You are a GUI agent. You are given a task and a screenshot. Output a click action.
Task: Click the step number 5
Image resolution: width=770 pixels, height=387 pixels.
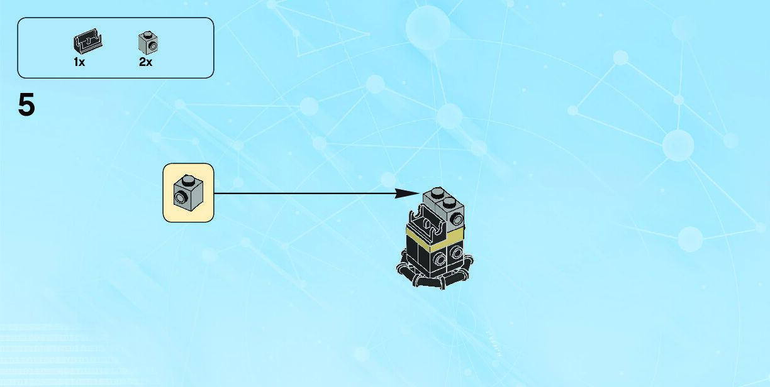26,106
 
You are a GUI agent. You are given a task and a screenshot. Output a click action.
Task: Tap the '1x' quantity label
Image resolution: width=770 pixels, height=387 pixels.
79,62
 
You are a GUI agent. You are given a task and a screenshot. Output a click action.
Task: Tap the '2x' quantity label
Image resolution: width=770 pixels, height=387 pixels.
145,62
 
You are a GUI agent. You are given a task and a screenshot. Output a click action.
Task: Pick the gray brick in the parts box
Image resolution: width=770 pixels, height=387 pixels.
148,43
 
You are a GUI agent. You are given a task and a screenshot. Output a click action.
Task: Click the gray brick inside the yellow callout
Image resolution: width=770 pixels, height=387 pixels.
188,192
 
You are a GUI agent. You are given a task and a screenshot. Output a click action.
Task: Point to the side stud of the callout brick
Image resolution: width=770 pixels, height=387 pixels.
182,199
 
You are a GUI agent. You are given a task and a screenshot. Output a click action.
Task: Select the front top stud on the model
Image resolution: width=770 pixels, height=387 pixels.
449,202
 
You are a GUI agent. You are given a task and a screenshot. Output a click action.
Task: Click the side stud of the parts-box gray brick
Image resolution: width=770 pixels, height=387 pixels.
152,46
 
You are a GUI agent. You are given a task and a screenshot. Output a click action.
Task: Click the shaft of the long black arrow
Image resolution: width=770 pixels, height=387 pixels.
302,193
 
